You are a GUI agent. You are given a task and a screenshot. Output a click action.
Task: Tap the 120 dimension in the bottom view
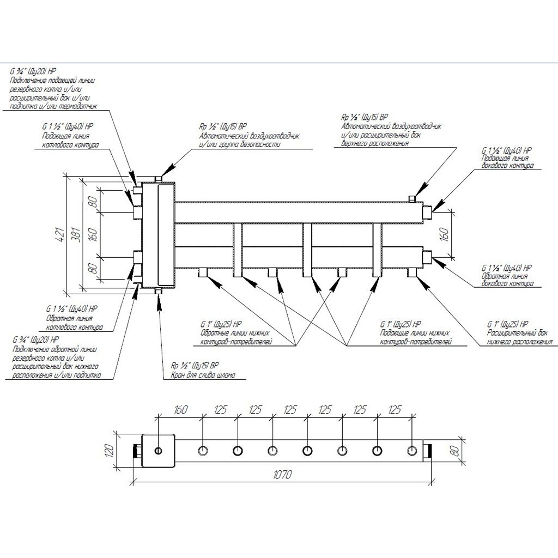108,450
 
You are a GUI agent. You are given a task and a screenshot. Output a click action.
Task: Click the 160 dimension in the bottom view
180,409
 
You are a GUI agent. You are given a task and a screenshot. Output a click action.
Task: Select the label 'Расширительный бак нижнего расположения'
518,338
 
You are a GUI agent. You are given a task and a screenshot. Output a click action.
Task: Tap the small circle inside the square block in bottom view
159,451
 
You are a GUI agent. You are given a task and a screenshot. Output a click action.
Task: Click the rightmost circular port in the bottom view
412,451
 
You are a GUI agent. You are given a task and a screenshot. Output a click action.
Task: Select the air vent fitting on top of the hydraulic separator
159,179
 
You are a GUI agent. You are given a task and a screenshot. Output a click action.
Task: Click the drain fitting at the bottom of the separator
159,293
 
